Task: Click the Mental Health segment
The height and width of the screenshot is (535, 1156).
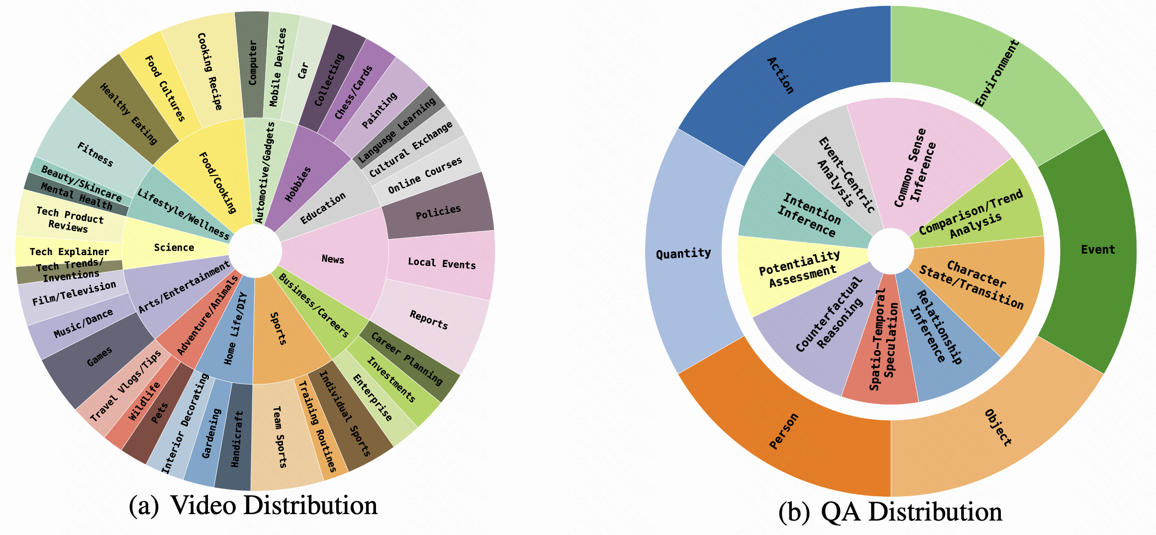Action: pos(77,196)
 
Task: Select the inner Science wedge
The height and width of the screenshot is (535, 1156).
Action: pos(174,248)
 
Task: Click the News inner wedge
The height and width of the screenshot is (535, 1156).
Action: pos(333,259)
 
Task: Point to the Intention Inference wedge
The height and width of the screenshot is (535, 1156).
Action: pos(809,214)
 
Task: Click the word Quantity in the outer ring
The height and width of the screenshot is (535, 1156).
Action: pos(683,254)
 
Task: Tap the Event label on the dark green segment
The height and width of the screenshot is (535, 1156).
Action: pos(1098,250)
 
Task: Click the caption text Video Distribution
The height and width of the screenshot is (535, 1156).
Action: pos(274,506)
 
